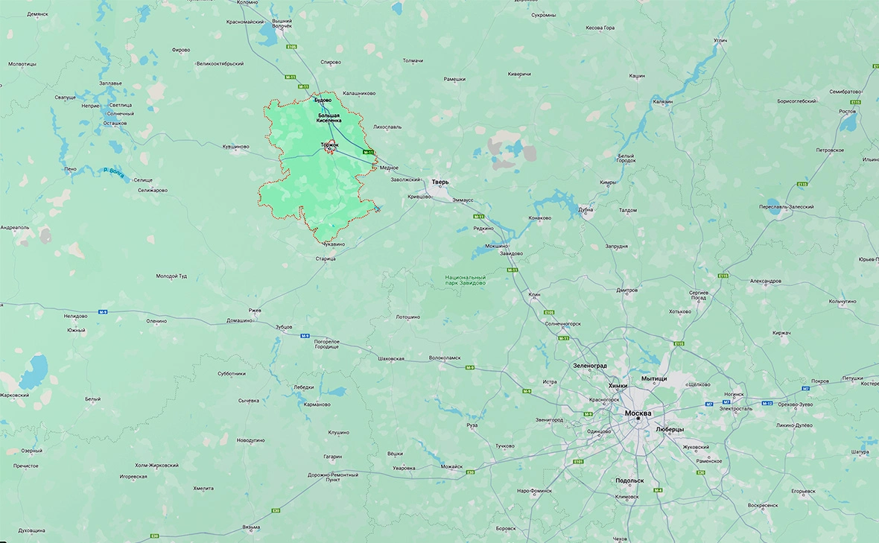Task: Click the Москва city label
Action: point(638,413)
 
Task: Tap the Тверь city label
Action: point(440,182)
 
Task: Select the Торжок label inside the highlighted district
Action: point(329,144)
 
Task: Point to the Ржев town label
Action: point(256,310)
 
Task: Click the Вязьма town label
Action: point(250,527)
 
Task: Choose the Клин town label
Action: point(534,295)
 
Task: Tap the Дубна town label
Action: point(586,209)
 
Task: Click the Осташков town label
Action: point(115,123)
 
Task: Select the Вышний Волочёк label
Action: point(282,24)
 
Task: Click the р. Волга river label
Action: point(113,172)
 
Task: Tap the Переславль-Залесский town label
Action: point(786,206)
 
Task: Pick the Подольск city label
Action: point(630,481)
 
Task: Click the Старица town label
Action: point(326,258)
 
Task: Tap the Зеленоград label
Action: point(589,366)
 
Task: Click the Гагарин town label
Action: point(332,456)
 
